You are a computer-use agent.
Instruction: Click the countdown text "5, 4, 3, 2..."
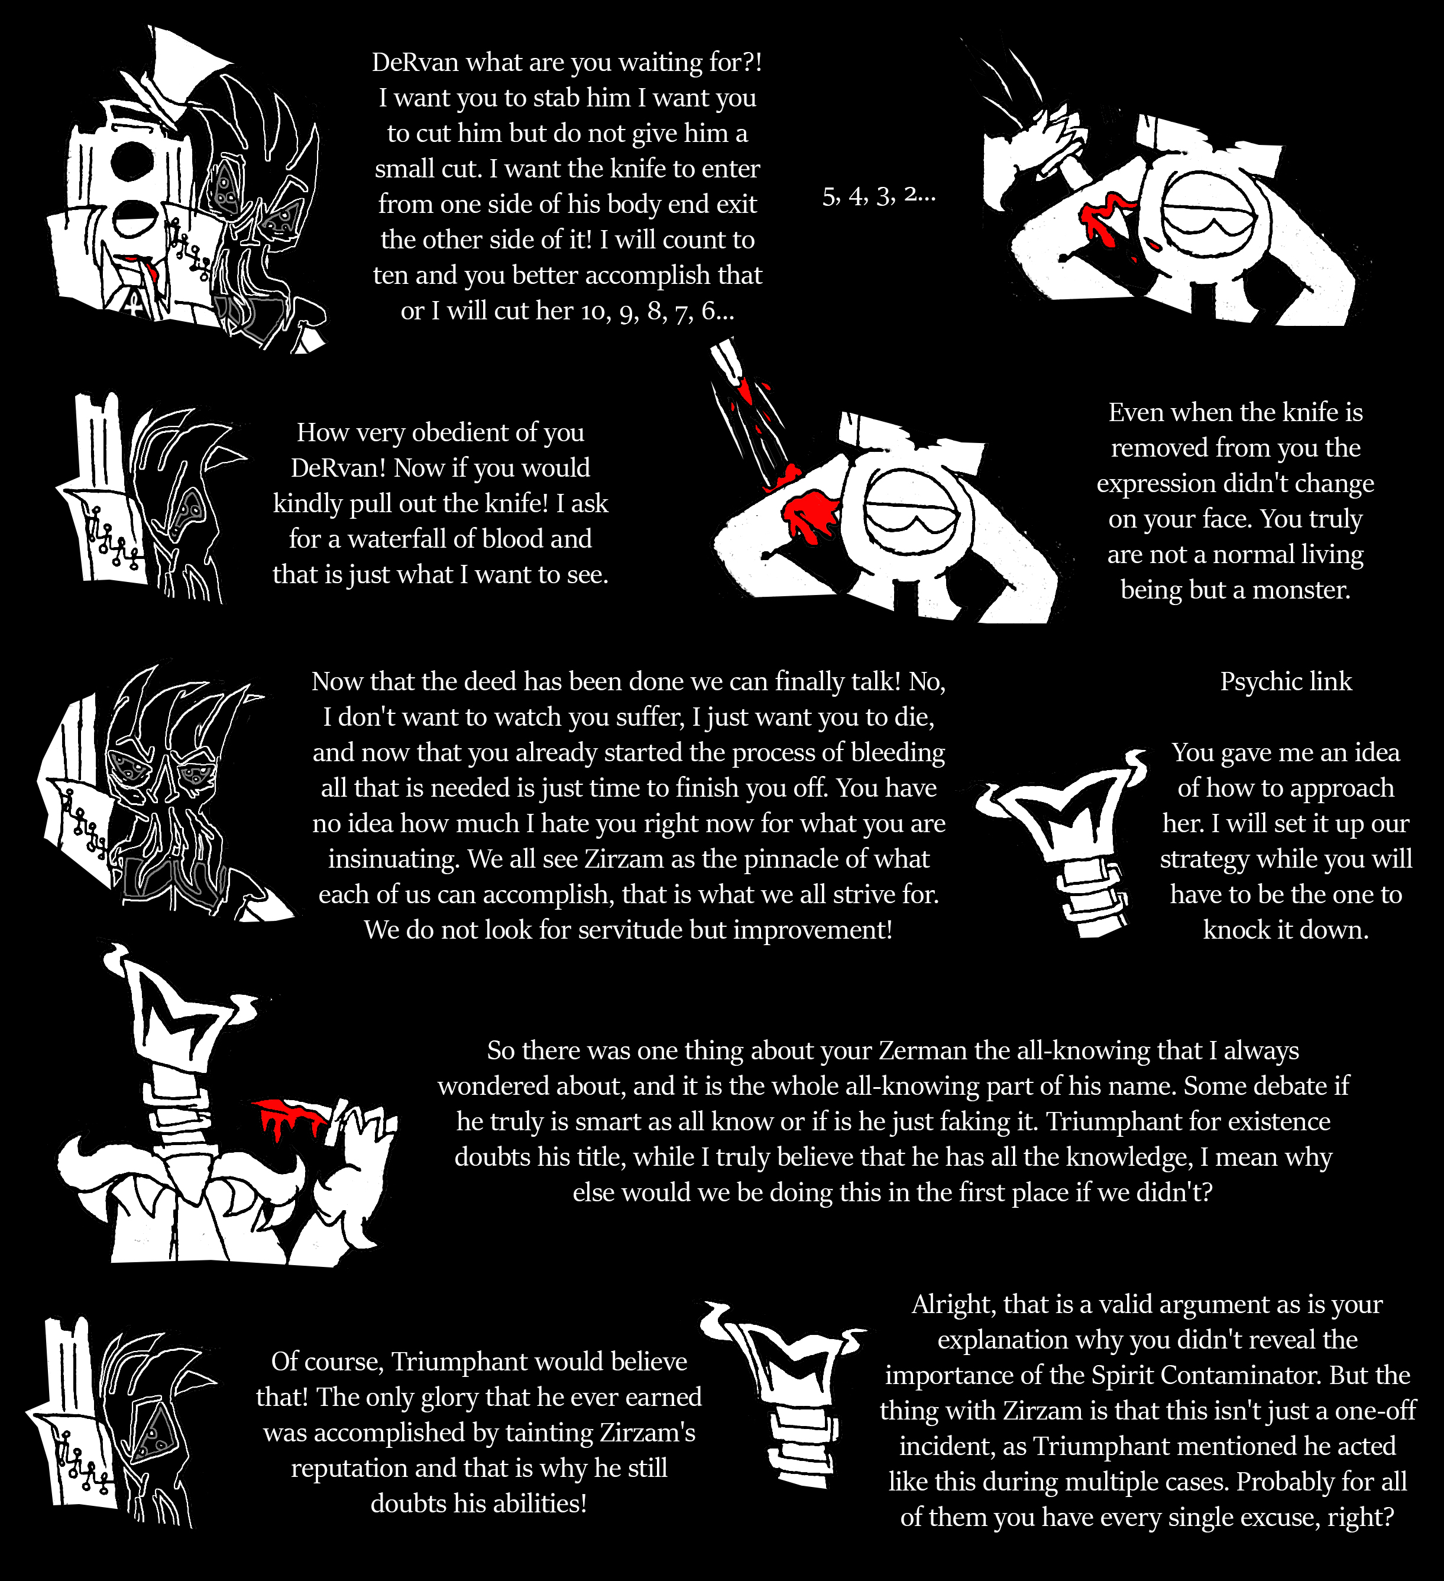pos(879,195)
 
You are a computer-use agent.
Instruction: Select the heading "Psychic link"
pos(1286,681)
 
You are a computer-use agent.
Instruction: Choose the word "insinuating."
pos(394,859)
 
